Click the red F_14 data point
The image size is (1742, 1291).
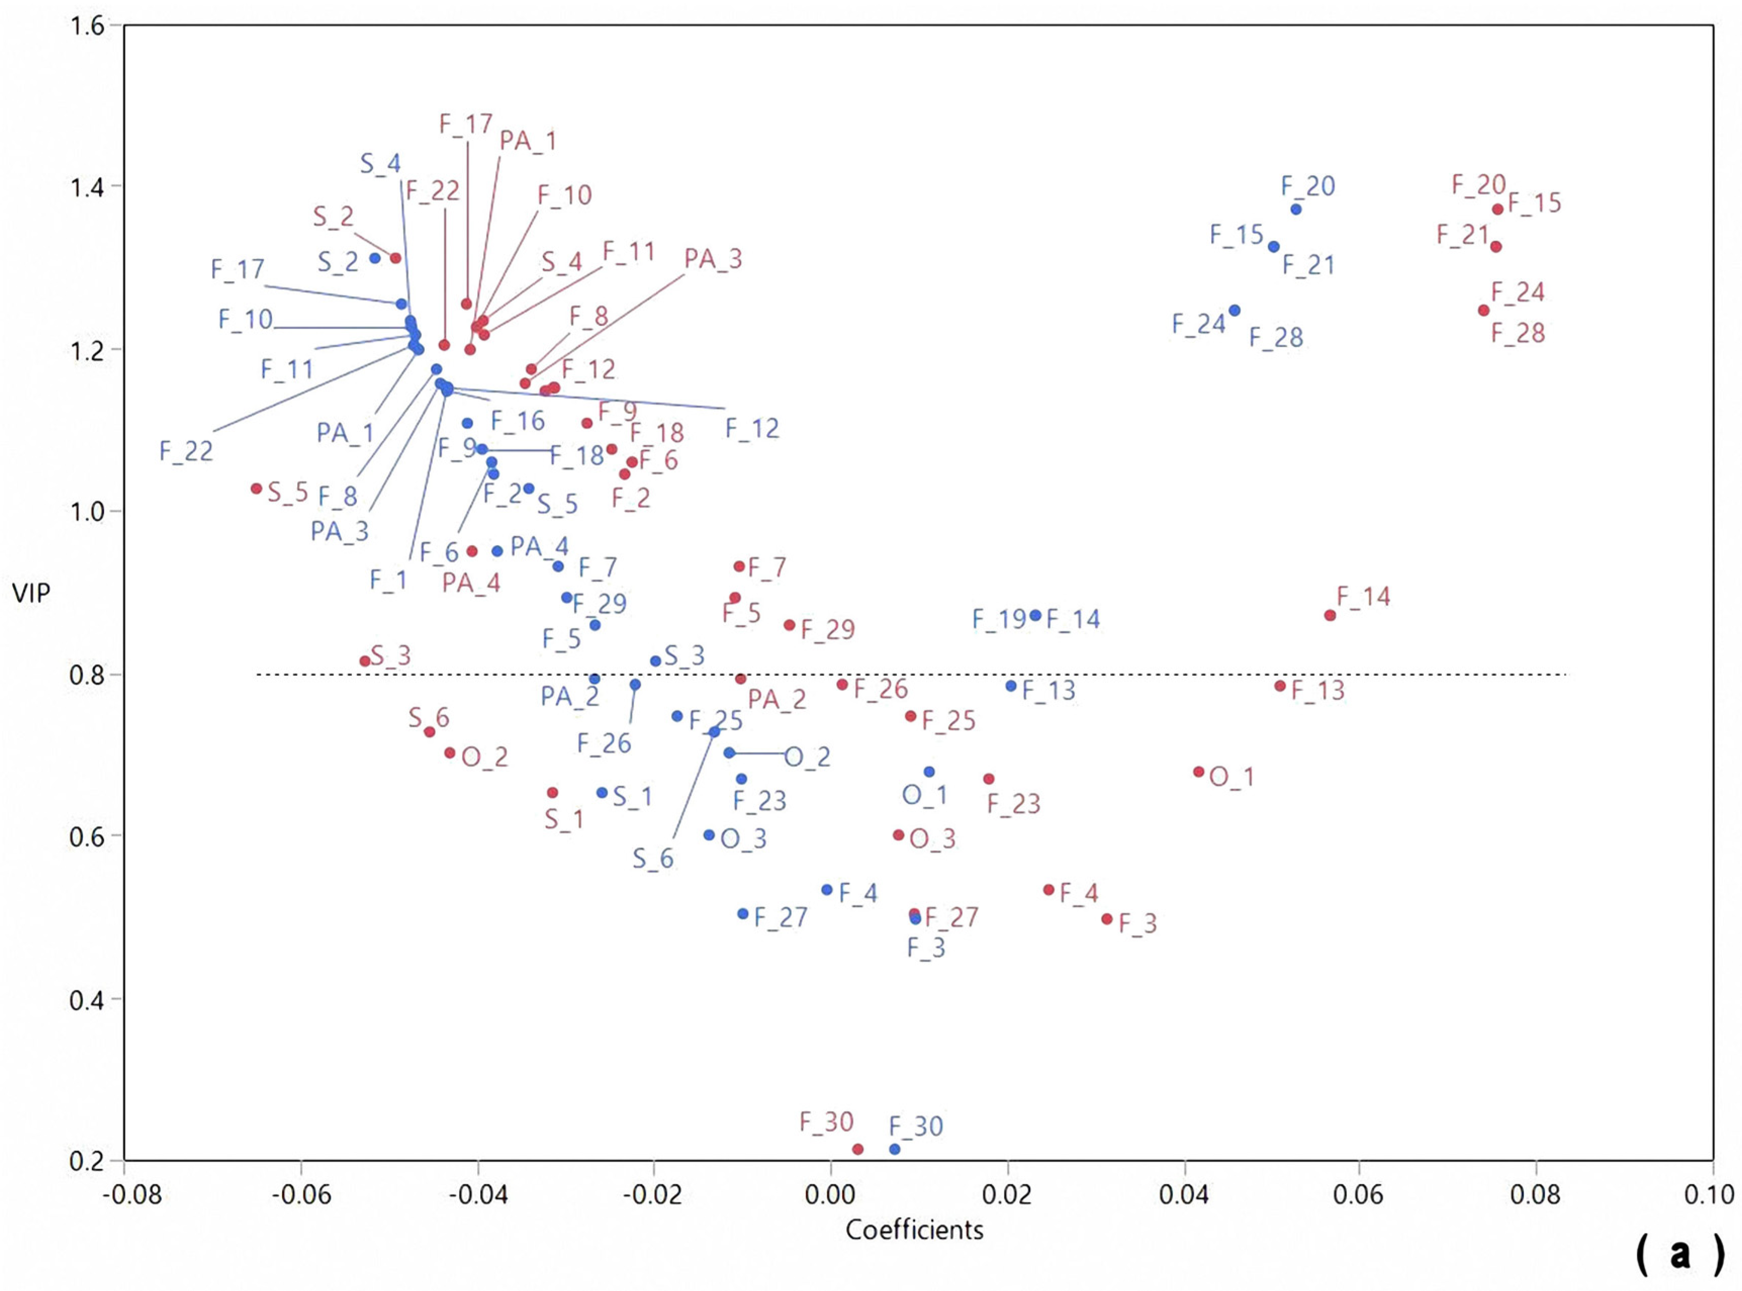point(1330,615)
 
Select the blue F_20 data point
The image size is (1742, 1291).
point(1296,209)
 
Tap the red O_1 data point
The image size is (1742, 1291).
point(1199,771)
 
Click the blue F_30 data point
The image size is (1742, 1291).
point(894,1149)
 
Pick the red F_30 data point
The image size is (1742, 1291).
point(857,1149)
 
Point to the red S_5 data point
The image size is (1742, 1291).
point(256,488)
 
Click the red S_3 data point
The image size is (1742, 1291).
point(364,661)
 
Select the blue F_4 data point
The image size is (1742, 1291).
point(827,889)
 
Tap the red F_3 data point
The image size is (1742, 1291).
point(1107,919)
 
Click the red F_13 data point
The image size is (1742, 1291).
point(1279,686)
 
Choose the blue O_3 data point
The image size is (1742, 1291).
point(709,835)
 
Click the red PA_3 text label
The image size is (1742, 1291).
point(713,259)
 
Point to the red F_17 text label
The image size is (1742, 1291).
point(466,123)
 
